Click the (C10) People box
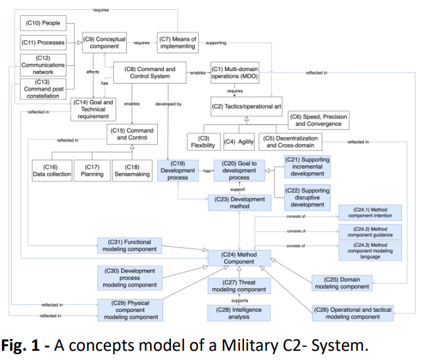[x=43, y=23]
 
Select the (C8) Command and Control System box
[x=150, y=72]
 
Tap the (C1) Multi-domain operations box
[x=235, y=72]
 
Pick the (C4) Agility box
[x=239, y=141]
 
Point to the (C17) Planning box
[x=92, y=170]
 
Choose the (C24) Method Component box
[x=239, y=258]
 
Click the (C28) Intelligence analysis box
[x=239, y=313]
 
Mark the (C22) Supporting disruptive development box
[x=307, y=197]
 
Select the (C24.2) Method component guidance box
[x=370, y=232]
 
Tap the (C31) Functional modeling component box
[x=130, y=245]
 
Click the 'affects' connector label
[x=93, y=72]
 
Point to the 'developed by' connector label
[x=168, y=104]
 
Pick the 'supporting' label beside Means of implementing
[x=216, y=43]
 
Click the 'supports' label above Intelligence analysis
[x=239, y=300]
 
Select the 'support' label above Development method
[x=237, y=190]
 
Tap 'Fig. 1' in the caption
[x=20, y=346]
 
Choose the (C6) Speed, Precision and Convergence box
[x=318, y=120]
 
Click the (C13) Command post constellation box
[x=43, y=89]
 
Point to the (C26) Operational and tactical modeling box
[x=353, y=313]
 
